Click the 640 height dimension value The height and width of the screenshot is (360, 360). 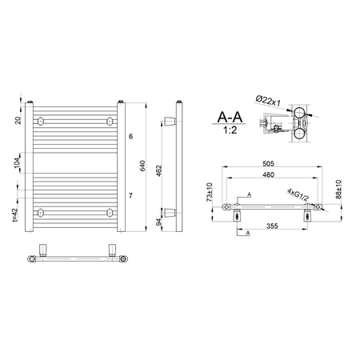(142, 166)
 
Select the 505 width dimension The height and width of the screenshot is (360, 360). (268, 163)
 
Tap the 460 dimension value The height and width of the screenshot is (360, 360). (268, 174)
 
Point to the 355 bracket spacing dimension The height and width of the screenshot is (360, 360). (272, 226)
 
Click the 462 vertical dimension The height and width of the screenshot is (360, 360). (159, 170)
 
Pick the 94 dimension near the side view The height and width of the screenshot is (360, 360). (159, 222)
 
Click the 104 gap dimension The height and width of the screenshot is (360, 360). (17, 162)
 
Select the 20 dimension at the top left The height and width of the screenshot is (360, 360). (18, 120)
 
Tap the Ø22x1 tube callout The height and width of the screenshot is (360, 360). (268, 101)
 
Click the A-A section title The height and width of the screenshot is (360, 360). (230, 117)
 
